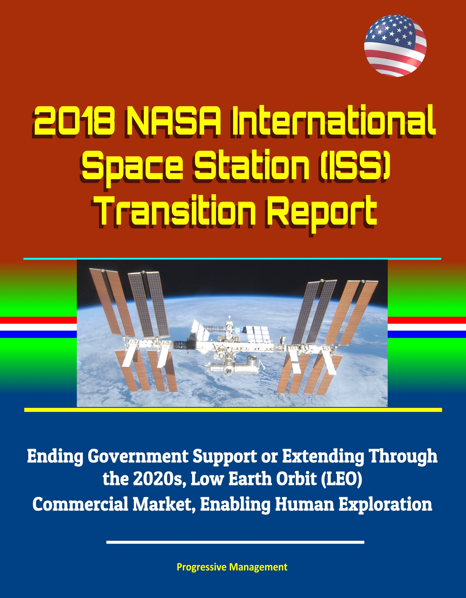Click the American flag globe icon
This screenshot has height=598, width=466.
coord(395,46)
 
